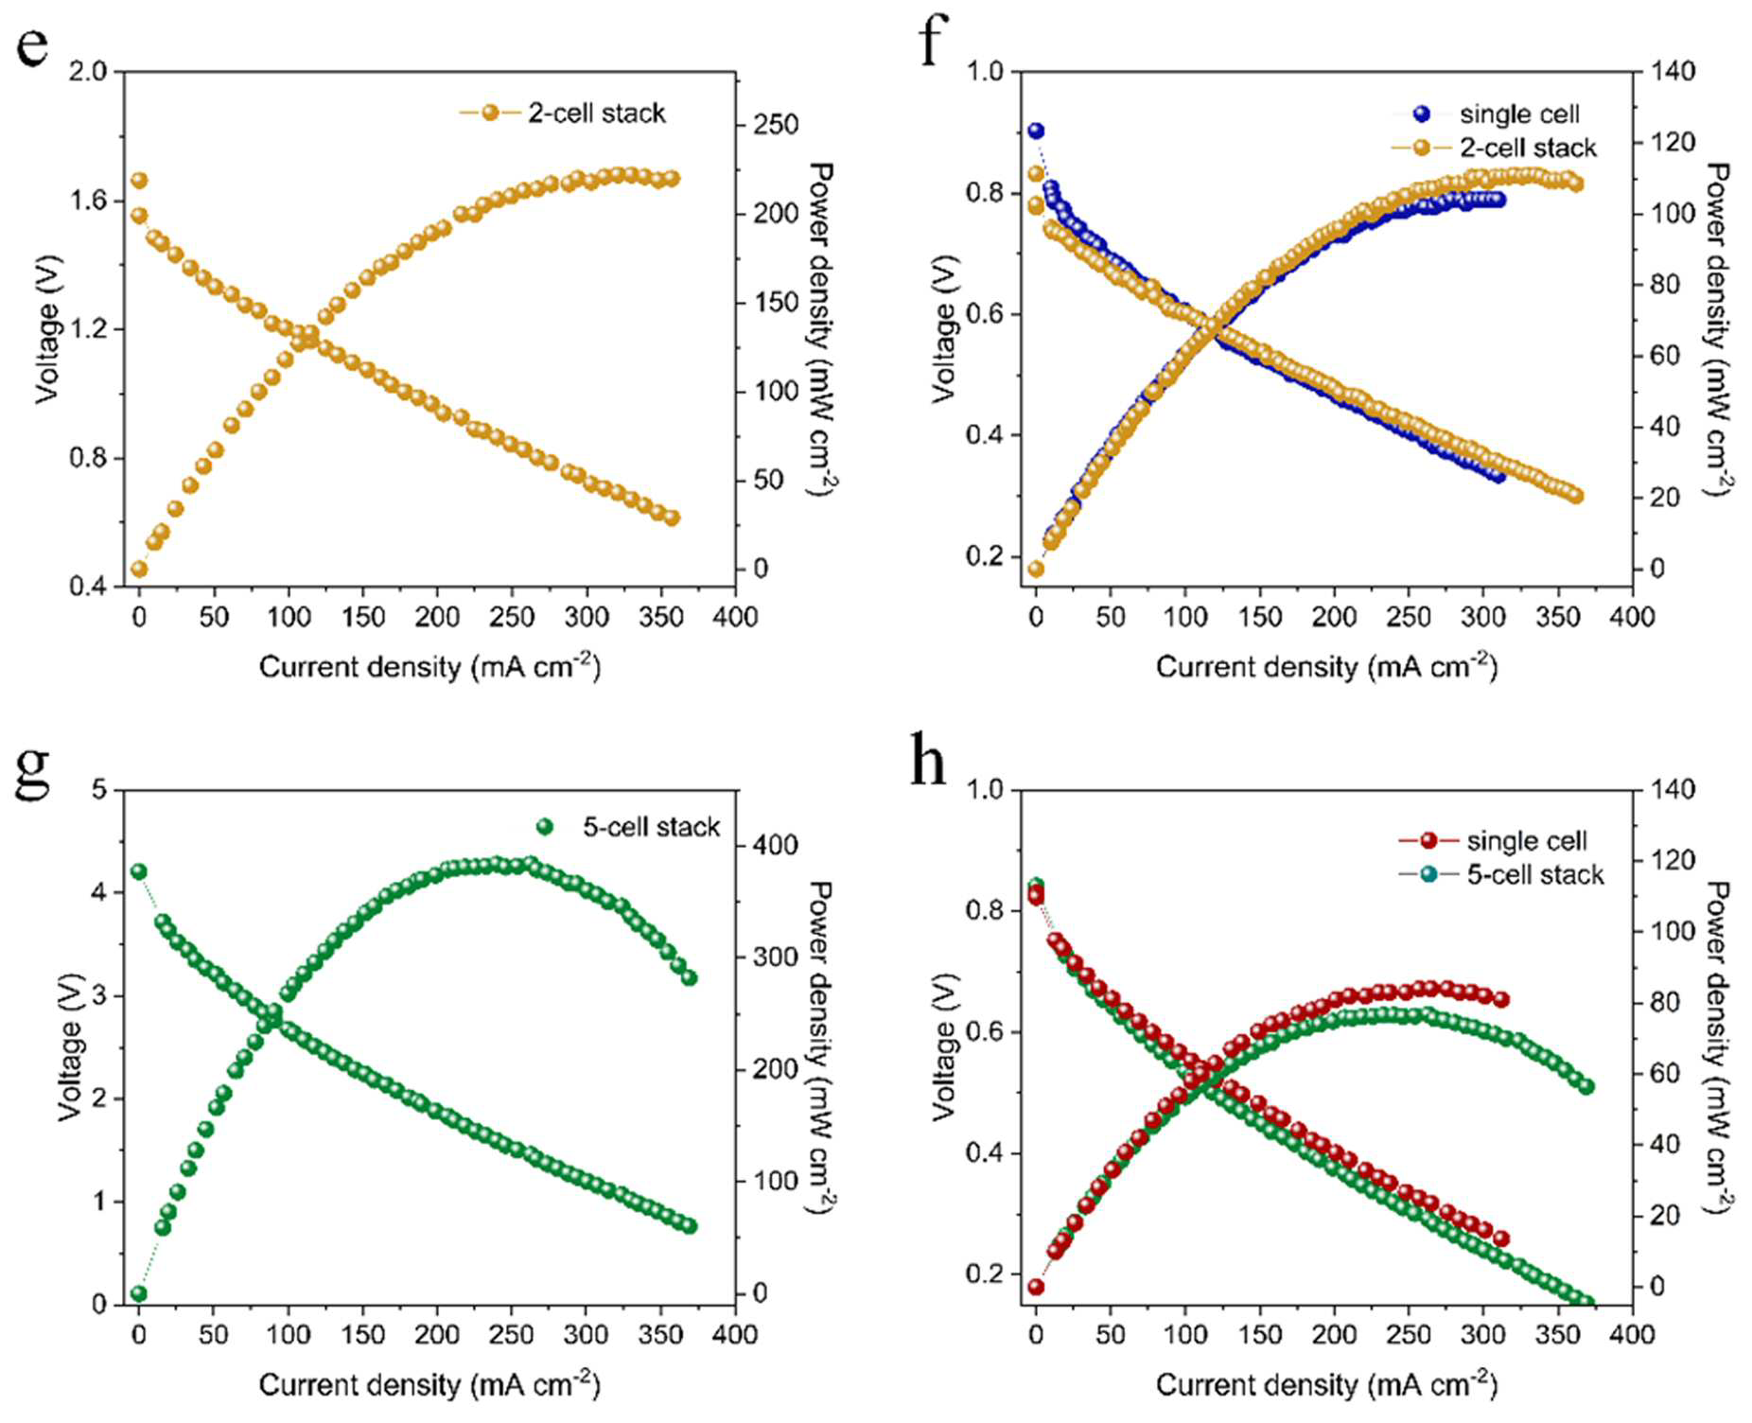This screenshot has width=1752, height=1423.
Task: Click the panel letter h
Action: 928,760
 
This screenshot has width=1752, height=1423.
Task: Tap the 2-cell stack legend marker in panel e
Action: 490,113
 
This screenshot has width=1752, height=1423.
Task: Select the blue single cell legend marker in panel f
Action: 1422,114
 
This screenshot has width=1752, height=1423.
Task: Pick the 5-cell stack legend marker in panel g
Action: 545,827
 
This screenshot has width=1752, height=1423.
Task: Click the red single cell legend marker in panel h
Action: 1429,840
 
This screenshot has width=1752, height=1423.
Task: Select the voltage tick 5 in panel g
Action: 99,789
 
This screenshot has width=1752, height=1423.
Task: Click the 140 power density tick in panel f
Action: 1673,71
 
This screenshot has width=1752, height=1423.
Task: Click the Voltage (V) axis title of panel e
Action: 47,329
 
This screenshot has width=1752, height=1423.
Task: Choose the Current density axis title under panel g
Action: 429,1384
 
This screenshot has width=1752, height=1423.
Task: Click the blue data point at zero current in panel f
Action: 1036,131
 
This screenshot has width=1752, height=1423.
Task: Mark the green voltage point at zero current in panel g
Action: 139,871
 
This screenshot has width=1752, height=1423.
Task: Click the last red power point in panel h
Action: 1500,999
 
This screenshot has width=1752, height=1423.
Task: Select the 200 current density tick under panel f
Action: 1334,617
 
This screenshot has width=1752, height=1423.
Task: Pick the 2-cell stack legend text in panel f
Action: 1528,148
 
